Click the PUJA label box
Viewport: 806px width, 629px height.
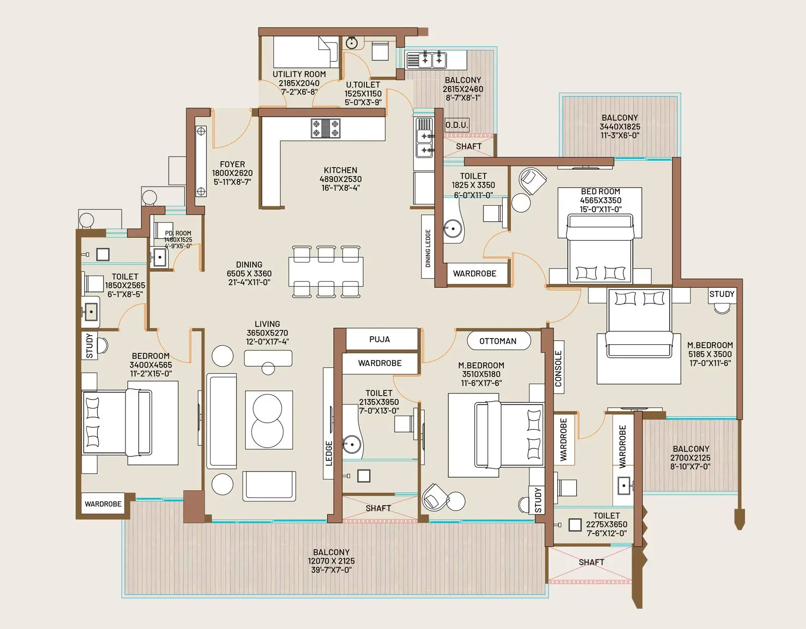click(380, 339)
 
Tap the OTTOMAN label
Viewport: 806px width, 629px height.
click(498, 341)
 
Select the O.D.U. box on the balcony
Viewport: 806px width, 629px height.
click(456, 125)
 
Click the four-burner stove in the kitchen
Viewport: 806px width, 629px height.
click(325, 128)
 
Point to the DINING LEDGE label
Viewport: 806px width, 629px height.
click(428, 248)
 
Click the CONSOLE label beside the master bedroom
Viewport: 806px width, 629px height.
click(558, 369)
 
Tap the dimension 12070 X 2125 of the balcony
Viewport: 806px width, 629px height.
click(331, 561)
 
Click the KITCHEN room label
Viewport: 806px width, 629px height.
click(341, 170)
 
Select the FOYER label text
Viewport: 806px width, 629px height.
click(232, 165)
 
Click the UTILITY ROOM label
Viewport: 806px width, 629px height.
click(299, 74)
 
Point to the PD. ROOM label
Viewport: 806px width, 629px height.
click(178, 233)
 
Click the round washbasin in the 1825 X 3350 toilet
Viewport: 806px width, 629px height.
click(452, 229)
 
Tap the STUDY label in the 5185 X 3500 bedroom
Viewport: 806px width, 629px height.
click(721, 294)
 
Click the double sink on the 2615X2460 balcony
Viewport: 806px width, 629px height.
click(433, 60)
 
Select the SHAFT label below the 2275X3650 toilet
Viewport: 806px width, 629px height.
click(591, 562)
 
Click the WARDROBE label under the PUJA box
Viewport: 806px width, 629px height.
click(380, 363)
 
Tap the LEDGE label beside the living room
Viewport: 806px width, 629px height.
click(329, 453)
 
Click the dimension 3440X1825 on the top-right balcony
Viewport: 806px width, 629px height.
click(620, 127)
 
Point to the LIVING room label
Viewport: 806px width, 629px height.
click(267, 324)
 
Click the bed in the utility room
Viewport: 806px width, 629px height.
click(305, 51)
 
